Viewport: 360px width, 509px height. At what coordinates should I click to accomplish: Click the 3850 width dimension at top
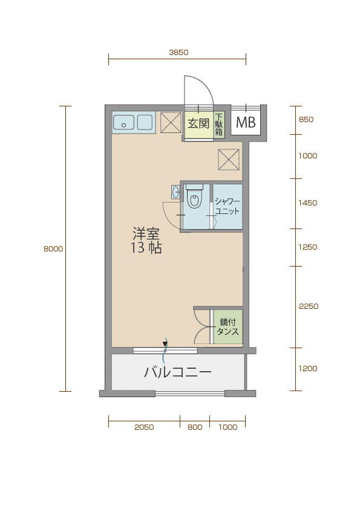[x=178, y=52]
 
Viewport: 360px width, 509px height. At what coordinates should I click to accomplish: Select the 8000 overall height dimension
[x=53, y=249]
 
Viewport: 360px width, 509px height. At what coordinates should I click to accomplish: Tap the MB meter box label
[x=246, y=122]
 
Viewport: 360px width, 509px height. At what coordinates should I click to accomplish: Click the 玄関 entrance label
[x=198, y=123]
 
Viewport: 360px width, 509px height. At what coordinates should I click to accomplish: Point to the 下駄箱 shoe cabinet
[x=219, y=125]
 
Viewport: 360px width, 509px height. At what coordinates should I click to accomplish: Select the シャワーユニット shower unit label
[x=227, y=207]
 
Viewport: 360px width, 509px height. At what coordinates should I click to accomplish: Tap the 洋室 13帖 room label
[x=146, y=241]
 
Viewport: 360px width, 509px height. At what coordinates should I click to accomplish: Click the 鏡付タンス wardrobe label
[x=227, y=326]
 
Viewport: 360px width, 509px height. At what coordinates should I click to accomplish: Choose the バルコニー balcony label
[x=178, y=372]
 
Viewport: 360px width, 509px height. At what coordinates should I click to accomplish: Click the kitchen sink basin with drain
[x=123, y=122]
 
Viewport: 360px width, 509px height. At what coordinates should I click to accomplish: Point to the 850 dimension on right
[x=306, y=120]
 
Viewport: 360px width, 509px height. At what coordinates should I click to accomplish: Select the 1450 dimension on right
[x=308, y=203]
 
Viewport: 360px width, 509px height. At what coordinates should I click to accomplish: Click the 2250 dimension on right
[x=309, y=306]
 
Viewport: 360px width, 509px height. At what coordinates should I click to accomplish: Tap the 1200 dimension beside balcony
[x=308, y=368]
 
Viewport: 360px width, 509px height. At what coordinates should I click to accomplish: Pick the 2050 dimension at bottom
[x=144, y=427]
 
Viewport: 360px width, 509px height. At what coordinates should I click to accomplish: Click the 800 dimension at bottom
[x=195, y=427]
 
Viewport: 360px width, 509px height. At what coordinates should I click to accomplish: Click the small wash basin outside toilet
[x=175, y=192]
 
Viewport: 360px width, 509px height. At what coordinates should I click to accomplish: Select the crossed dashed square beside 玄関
[x=171, y=122]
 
